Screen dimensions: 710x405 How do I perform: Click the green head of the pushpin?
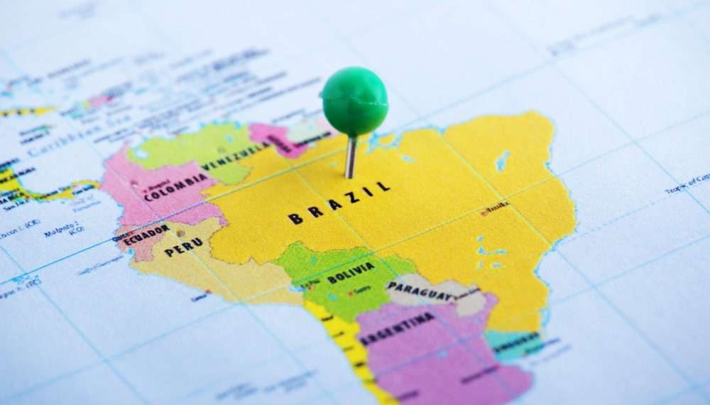click(354, 101)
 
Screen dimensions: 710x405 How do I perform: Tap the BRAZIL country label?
click(339, 202)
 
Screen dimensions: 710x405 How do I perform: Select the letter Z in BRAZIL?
click(351, 198)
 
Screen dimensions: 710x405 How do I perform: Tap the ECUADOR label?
click(146, 234)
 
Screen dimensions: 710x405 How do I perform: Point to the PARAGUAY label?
click(422, 291)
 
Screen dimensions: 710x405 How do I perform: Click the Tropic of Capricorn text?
click(687, 184)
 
